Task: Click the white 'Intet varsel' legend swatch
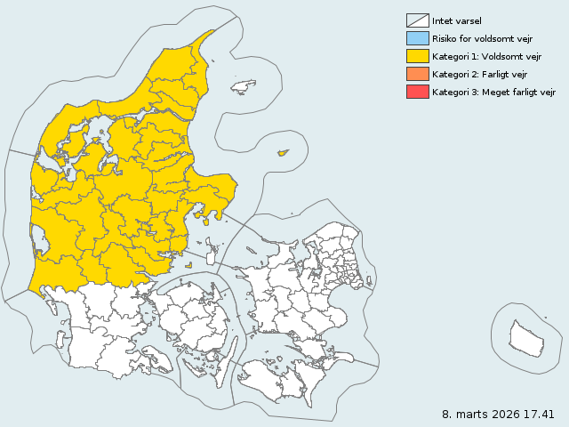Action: (417, 20)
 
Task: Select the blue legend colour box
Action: (417, 38)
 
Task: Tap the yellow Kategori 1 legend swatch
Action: (417, 56)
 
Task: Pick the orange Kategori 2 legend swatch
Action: (417, 74)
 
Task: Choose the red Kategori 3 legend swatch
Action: (417, 92)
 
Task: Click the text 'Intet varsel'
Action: (457, 20)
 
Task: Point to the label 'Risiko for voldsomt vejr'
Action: (482, 38)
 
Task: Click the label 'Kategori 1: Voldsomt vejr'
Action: (487, 56)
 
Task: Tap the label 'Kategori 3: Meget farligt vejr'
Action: (494, 92)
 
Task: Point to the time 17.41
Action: (540, 414)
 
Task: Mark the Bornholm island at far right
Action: (525, 337)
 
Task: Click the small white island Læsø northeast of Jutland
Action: (243, 86)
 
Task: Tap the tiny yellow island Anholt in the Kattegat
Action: (284, 152)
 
